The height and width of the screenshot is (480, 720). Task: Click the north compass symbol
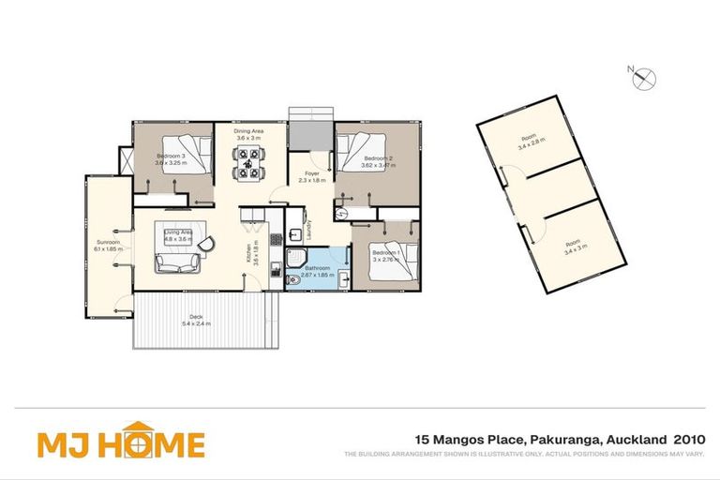(x=645, y=79)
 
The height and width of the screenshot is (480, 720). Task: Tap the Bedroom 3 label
(x=170, y=156)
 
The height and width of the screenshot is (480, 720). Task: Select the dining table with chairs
(x=248, y=165)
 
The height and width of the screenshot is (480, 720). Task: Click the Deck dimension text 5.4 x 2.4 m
(x=197, y=323)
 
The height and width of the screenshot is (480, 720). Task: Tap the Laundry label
(x=308, y=231)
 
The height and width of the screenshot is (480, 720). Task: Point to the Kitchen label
(x=249, y=251)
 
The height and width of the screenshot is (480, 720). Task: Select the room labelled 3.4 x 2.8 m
(x=531, y=143)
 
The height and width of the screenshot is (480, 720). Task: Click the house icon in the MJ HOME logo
(x=139, y=442)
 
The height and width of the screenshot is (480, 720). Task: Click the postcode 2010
(x=687, y=439)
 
